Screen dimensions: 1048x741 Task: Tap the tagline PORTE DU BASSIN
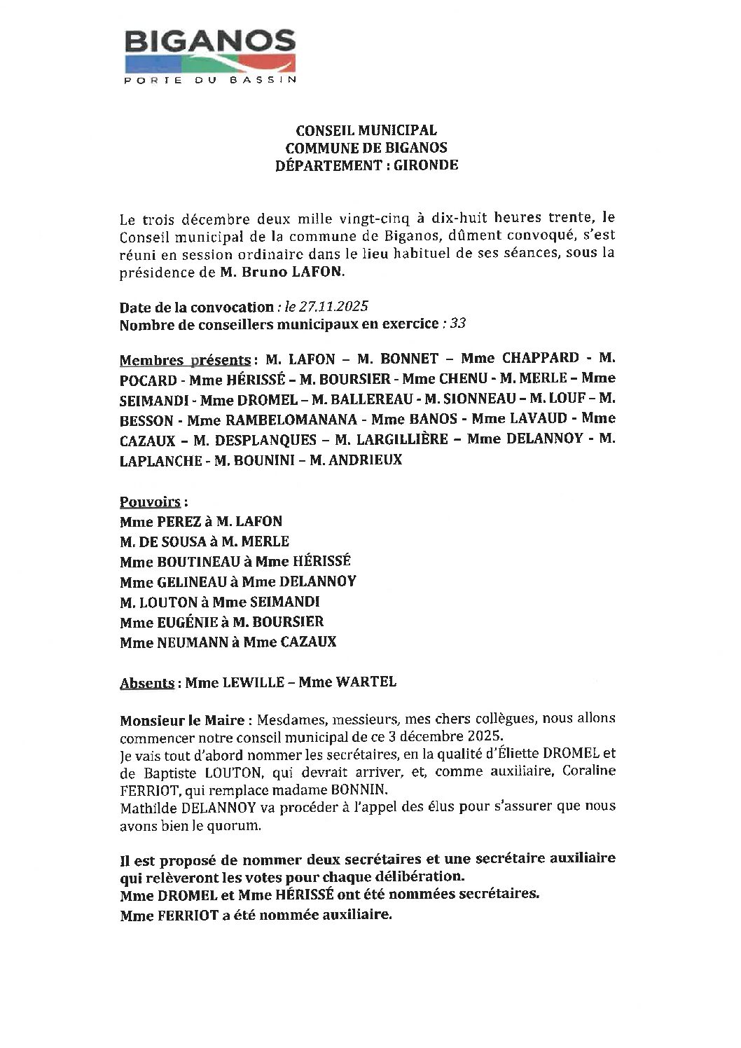coord(209,80)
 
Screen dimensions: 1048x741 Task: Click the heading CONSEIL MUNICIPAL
coord(366,130)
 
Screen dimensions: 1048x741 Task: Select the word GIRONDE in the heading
coord(431,165)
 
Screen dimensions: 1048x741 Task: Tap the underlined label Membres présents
coord(185,360)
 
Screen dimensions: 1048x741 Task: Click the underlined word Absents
coord(147,682)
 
